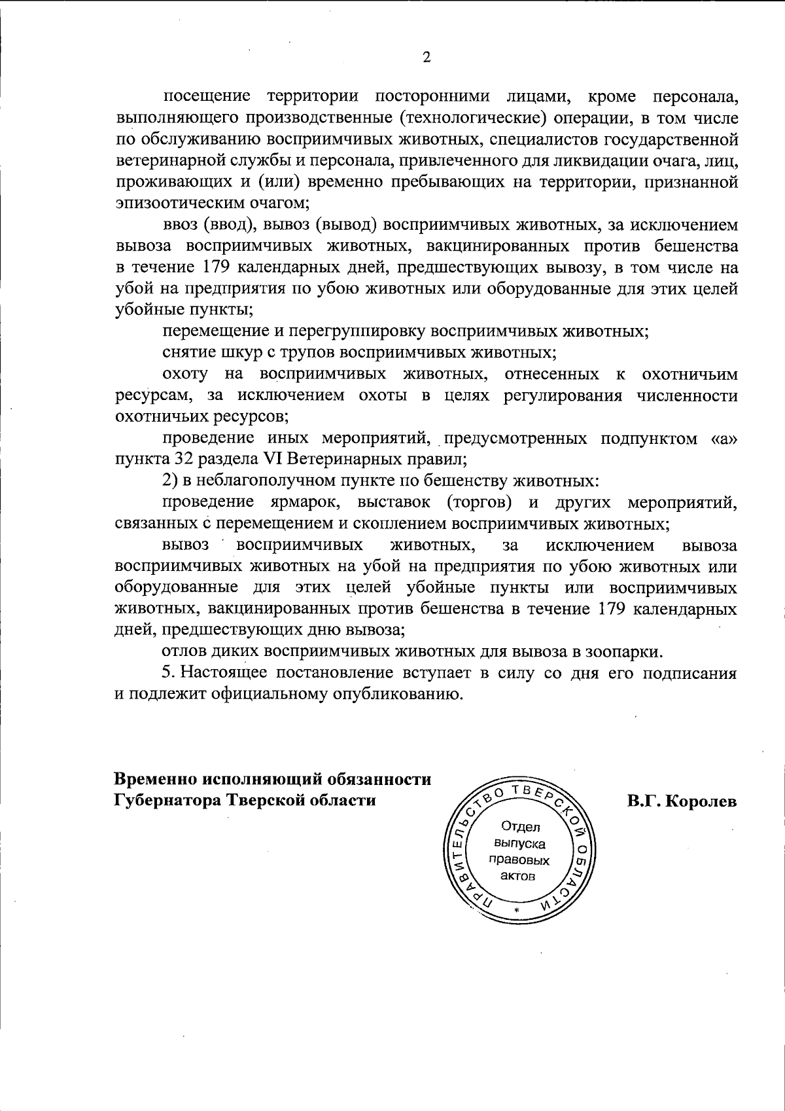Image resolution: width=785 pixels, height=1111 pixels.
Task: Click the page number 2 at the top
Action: [x=427, y=58]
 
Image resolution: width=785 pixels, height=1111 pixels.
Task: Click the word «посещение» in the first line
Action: [x=207, y=96]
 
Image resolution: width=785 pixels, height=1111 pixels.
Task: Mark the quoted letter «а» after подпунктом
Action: [x=724, y=438]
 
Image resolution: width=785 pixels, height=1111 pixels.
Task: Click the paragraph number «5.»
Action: [x=169, y=673]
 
